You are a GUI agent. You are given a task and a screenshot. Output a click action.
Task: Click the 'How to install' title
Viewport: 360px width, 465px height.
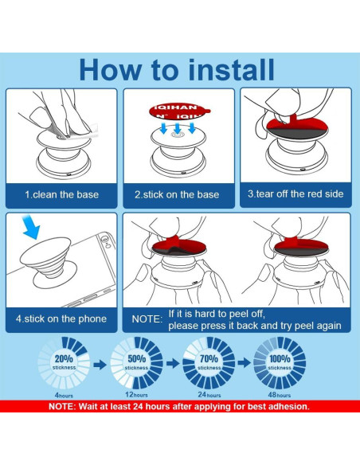pyautogui.click(x=177, y=70)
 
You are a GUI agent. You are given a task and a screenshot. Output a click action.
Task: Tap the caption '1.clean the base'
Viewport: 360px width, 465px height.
pyautogui.click(x=61, y=195)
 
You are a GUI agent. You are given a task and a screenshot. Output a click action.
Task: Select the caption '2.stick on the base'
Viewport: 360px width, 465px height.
pyautogui.click(x=177, y=194)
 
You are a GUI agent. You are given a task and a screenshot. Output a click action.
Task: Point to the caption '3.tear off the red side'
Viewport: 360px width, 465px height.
pyautogui.click(x=295, y=194)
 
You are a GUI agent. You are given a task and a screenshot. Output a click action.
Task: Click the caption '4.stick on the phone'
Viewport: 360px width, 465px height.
pyautogui.click(x=61, y=318)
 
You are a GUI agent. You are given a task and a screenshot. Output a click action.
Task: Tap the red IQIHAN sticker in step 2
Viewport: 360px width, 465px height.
pyautogui.click(x=179, y=111)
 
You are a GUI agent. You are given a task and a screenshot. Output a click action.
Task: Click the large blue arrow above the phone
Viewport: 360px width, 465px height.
pyautogui.click(x=31, y=227)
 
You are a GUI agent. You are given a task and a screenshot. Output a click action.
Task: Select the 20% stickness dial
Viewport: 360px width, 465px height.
pyautogui.click(x=64, y=362)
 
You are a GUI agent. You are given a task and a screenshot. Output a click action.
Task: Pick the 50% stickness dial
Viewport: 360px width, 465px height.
pyautogui.click(x=136, y=362)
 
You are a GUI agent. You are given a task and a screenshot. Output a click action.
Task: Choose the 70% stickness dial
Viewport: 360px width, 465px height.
pyautogui.click(x=209, y=362)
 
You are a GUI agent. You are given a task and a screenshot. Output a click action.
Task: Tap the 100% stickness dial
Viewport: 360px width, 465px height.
pyautogui.click(x=280, y=362)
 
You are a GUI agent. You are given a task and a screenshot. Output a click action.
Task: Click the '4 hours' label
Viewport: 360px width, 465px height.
pyautogui.click(x=64, y=395)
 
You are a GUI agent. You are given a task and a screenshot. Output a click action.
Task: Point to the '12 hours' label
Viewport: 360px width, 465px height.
pyautogui.click(x=136, y=395)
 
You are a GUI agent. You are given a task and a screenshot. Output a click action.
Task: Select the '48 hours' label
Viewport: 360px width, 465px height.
pyautogui.click(x=280, y=395)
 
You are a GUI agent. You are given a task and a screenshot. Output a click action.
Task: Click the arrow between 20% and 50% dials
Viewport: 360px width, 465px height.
pyautogui.click(x=100, y=364)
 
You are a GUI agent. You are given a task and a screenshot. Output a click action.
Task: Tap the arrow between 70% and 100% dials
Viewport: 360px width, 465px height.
pyautogui.click(x=245, y=362)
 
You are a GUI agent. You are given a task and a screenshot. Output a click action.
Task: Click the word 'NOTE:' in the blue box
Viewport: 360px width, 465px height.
pyautogui.click(x=147, y=319)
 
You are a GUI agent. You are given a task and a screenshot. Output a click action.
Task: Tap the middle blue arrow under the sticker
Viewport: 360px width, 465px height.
pyautogui.click(x=178, y=129)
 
